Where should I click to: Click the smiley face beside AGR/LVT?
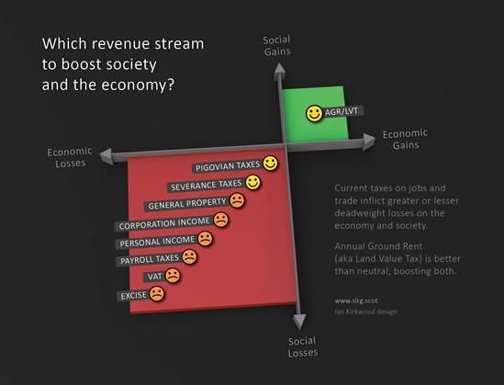[x=314, y=114]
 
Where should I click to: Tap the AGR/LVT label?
[x=342, y=111]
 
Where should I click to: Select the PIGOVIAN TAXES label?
[x=228, y=166]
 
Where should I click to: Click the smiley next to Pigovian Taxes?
[x=270, y=163]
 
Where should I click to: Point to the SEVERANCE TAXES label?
[x=207, y=186]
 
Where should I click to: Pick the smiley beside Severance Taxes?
[x=253, y=182]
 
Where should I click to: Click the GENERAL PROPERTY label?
[x=187, y=204]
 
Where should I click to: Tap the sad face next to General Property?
[x=237, y=200]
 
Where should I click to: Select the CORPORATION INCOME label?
[x=164, y=223]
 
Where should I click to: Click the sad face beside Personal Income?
[x=205, y=239]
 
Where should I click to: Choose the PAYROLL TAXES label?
[x=150, y=259]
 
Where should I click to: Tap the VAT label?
[x=155, y=277]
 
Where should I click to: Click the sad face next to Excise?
[x=157, y=293]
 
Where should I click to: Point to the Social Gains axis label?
[x=276, y=46]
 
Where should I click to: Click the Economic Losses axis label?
[x=70, y=157]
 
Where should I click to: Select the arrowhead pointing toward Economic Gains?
[x=369, y=142]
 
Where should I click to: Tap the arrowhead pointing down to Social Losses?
[x=299, y=322]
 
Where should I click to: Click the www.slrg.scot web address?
[x=356, y=300]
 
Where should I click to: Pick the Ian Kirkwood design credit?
[x=365, y=311]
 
